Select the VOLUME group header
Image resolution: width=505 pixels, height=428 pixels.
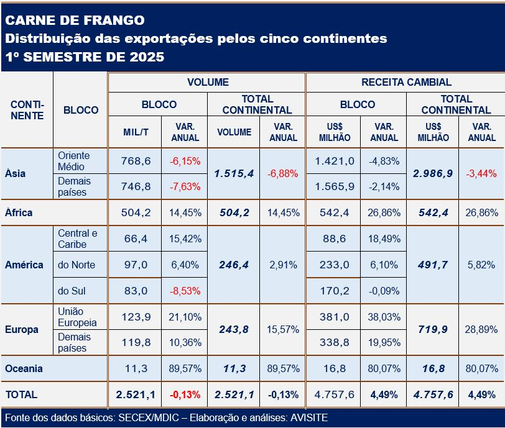coord(208,82)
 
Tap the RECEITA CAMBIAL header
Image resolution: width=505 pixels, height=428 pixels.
coord(406,82)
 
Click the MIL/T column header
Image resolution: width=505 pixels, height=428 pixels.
coord(135,132)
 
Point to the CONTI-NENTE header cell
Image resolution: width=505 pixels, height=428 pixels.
coord(27,110)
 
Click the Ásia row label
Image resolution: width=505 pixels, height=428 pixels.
coord(15,173)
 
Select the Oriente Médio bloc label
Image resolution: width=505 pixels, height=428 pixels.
coord(73,161)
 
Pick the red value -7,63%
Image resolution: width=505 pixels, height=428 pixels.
coord(185,187)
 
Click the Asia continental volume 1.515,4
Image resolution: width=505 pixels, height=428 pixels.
coord(233,173)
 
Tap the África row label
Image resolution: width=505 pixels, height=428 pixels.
coord(19,212)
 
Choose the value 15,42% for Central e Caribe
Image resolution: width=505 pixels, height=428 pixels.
coord(185,239)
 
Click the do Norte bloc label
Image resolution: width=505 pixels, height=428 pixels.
coord(76,265)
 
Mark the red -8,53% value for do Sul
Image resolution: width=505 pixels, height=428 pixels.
coord(185,290)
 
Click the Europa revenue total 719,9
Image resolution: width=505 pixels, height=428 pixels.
coord(432,329)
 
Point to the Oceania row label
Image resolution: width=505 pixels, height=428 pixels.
coord(24,368)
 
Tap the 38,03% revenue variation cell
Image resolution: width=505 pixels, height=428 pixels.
coord(384,317)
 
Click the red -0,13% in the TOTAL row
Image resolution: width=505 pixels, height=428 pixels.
coord(185,394)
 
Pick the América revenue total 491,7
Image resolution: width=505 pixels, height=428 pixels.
coord(432,265)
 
